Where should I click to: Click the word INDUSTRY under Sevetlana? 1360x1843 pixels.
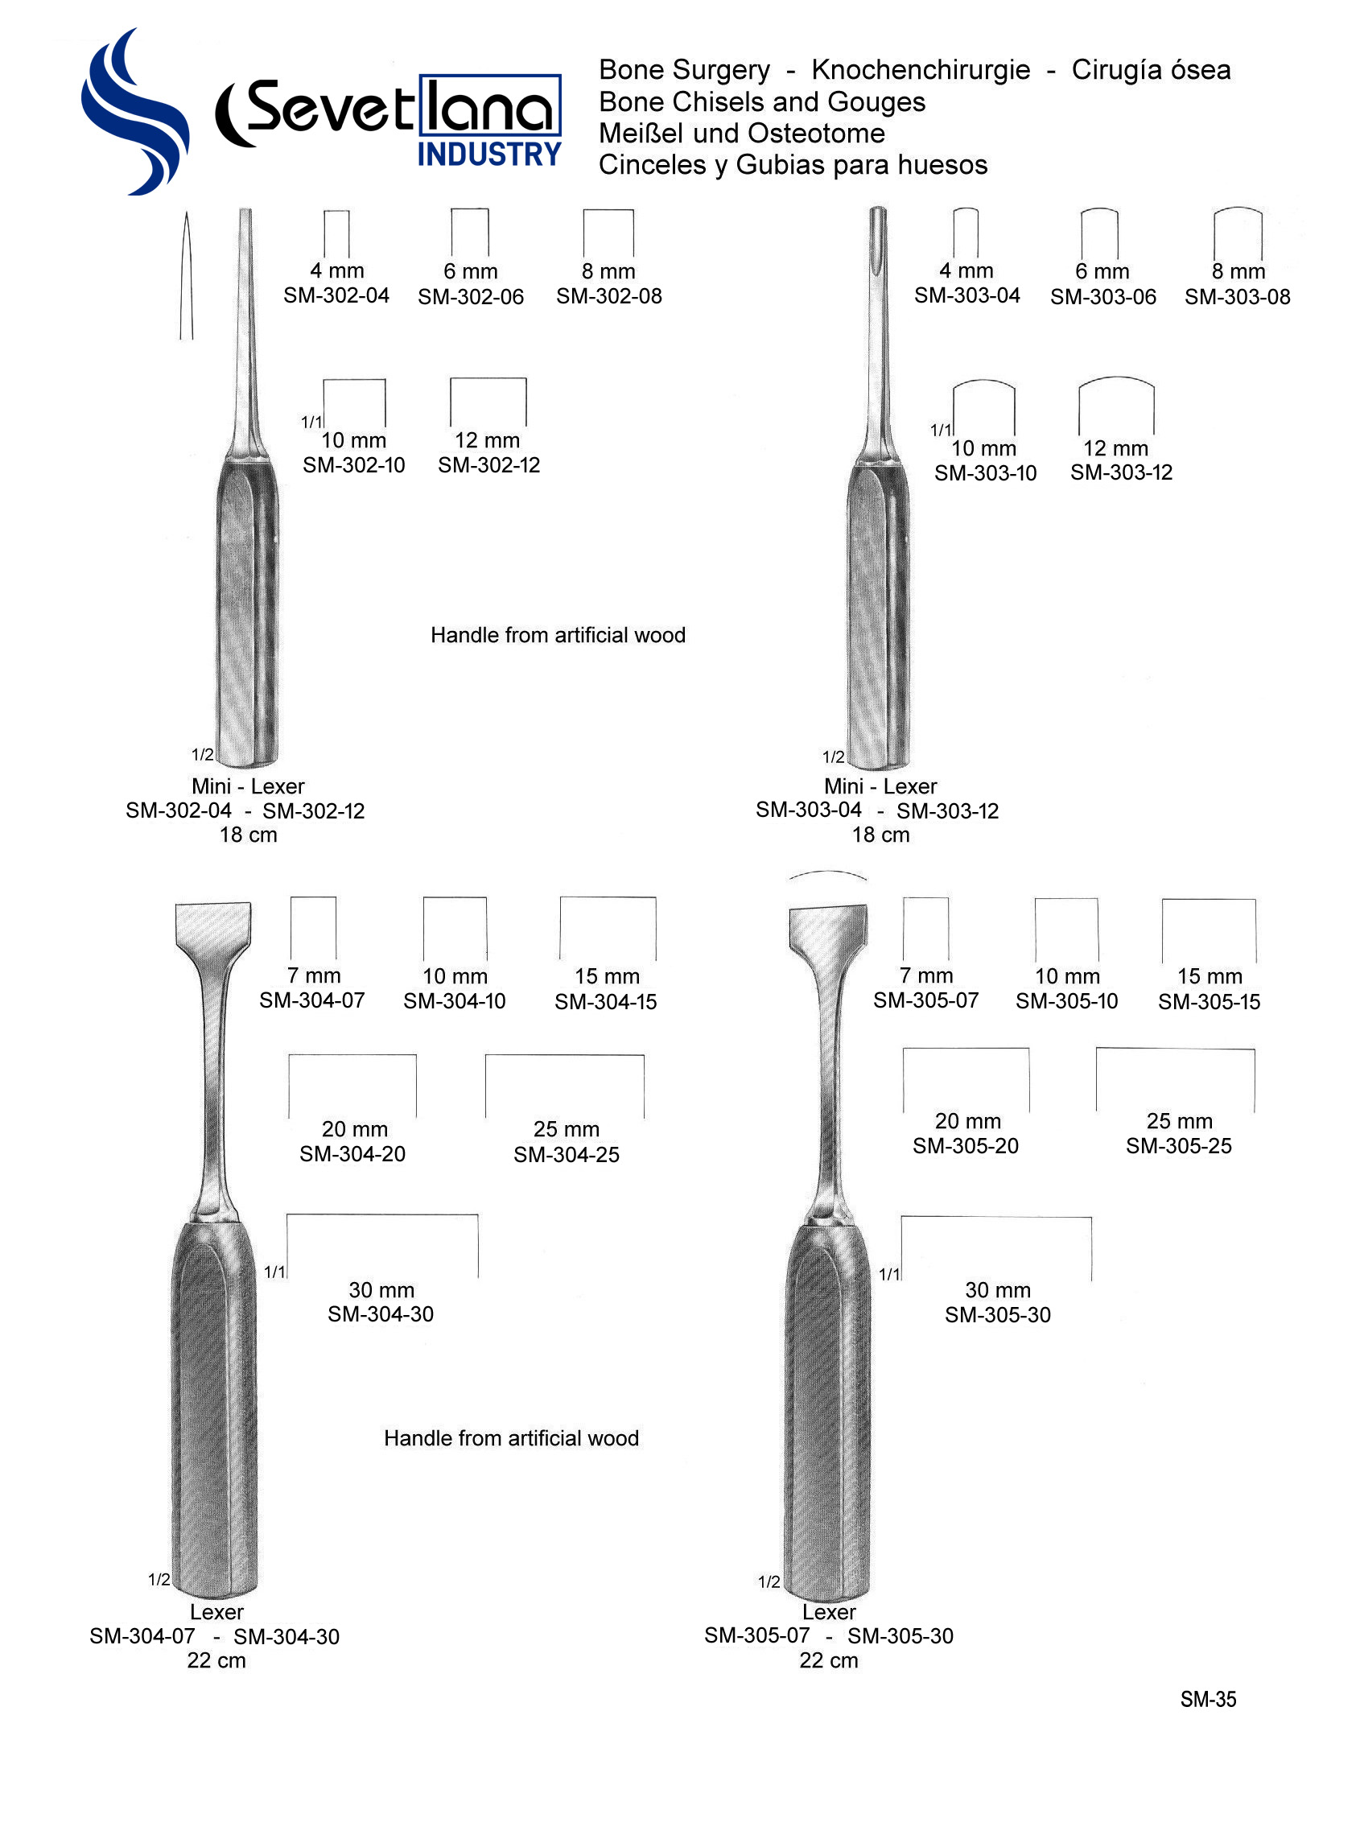pyautogui.click(x=489, y=155)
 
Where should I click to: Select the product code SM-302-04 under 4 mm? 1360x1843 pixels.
pyautogui.click(x=336, y=295)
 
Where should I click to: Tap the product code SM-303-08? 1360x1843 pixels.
pyautogui.click(x=1237, y=297)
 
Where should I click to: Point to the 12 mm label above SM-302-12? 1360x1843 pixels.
pyautogui.click(x=488, y=440)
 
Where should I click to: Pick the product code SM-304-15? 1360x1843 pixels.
pyautogui.click(x=605, y=1002)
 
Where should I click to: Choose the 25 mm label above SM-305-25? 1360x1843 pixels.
pyautogui.click(x=1179, y=1121)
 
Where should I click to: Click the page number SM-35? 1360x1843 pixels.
pyautogui.click(x=1208, y=1700)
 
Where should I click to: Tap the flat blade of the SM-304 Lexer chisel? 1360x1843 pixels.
pyautogui.click(x=212, y=926)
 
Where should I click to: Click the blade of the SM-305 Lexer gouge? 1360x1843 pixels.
pyautogui.click(x=827, y=927)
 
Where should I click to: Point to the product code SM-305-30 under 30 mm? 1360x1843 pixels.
pyautogui.click(x=997, y=1315)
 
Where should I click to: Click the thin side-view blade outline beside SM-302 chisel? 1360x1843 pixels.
pyautogui.click(x=187, y=276)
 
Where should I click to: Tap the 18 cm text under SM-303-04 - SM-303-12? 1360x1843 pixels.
pyautogui.click(x=880, y=835)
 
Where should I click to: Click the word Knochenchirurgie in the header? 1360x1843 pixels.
pyautogui.click(x=920, y=70)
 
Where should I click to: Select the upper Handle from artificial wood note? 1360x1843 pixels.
pyautogui.click(x=558, y=636)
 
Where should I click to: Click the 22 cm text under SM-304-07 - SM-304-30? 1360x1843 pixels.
pyautogui.click(x=216, y=1661)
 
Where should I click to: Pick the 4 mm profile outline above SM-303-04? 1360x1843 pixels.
pyautogui.click(x=965, y=233)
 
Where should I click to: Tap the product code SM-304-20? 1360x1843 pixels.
pyautogui.click(x=352, y=1154)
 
